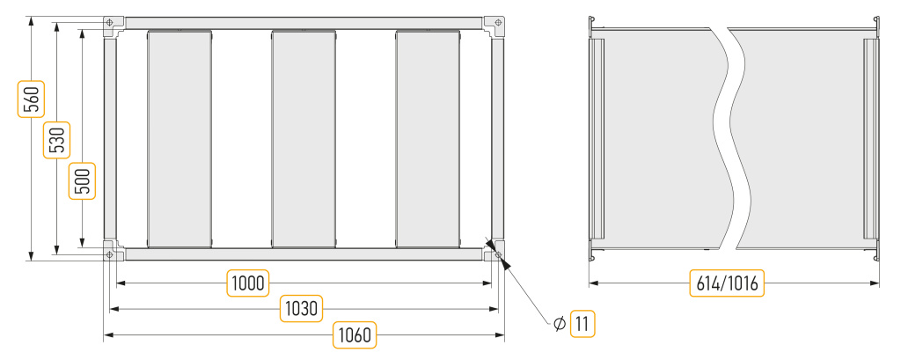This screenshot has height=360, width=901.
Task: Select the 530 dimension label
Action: point(57,140)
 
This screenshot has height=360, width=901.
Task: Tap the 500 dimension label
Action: point(83,180)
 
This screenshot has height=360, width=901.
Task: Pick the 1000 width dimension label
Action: point(248,283)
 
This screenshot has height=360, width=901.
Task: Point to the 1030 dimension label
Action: point(302,308)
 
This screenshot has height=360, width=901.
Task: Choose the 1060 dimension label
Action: point(355,334)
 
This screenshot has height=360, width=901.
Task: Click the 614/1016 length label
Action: point(727,283)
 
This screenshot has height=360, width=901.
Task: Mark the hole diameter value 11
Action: point(582,324)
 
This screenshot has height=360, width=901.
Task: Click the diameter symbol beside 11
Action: point(560,324)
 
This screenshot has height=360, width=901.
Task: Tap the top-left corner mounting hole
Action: point(110,22)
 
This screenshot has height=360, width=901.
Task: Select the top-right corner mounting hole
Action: point(498,22)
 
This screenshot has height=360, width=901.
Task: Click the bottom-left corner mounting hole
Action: point(110,254)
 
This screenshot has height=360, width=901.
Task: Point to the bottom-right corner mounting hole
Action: point(498,254)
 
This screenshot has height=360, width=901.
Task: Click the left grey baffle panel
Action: point(179,138)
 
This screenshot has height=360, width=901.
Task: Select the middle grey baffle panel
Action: point(304,138)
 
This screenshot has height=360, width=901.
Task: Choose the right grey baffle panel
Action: point(429,138)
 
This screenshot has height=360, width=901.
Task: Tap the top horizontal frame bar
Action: point(304,23)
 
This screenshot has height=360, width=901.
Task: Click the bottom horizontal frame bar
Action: point(304,254)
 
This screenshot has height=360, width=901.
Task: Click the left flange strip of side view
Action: point(598,138)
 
